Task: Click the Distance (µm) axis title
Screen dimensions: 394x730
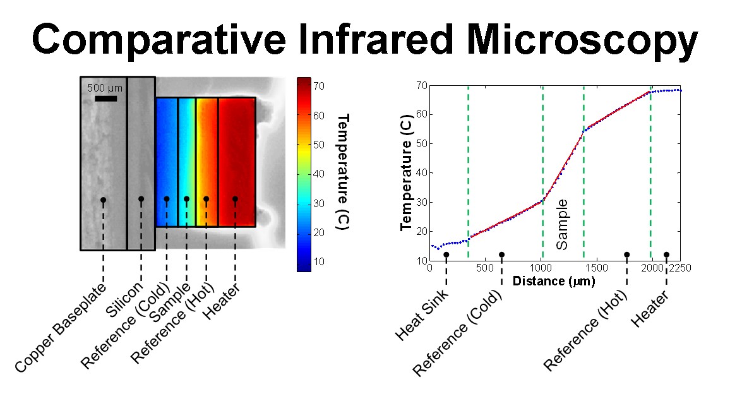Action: point(553,281)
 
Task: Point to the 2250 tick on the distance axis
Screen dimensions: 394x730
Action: point(680,268)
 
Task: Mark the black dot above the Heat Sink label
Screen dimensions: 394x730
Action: point(446,255)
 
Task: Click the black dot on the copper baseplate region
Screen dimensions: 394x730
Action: point(103,200)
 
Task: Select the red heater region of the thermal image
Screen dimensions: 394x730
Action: point(237,161)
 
